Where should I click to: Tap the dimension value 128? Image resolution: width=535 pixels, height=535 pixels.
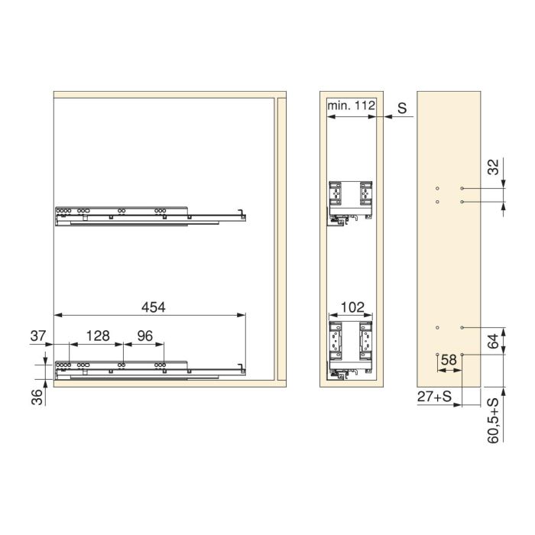[x=99, y=336]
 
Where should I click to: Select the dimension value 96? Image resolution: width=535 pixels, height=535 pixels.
[x=145, y=336]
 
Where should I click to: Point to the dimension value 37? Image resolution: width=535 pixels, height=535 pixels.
[x=38, y=336]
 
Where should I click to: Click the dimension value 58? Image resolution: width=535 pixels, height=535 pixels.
[x=449, y=358]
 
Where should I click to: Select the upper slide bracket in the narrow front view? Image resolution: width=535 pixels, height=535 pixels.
[x=350, y=200]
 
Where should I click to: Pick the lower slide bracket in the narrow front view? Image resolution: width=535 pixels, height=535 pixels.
[x=350, y=346]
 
